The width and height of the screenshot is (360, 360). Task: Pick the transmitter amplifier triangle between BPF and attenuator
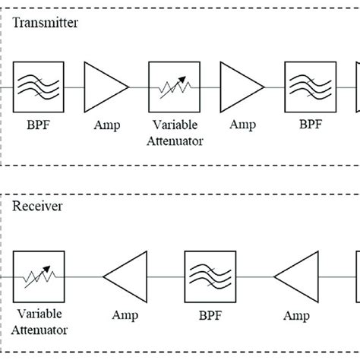point(107,87)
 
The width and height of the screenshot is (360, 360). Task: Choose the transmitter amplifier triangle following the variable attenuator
point(240,87)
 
